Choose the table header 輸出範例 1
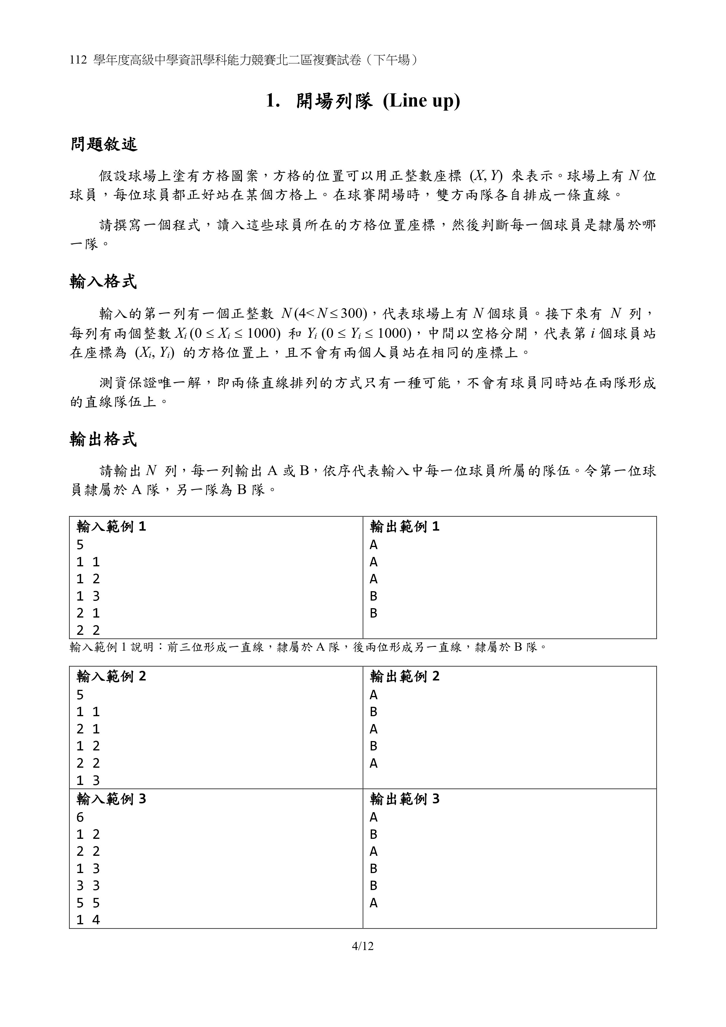[x=405, y=527]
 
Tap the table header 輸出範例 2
[x=405, y=676]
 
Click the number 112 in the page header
[x=78, y=60]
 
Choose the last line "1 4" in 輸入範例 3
[x=88, y=920]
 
